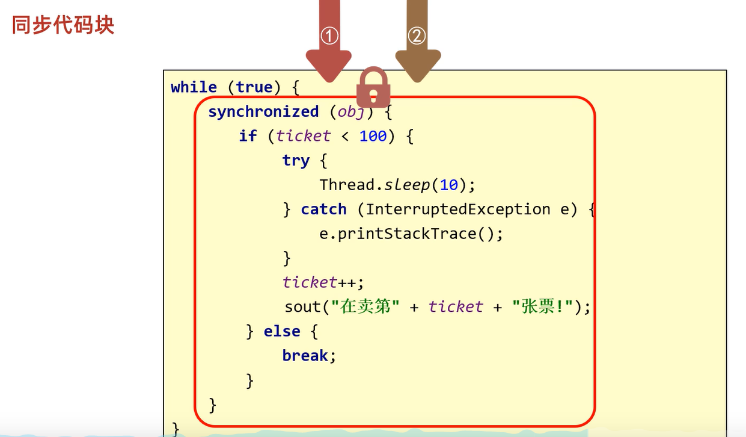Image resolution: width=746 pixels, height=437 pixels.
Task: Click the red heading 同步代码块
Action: (63, 25)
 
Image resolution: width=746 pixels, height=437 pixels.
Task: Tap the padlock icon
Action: (373, 88)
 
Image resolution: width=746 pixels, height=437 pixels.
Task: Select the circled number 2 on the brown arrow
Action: (417, 36)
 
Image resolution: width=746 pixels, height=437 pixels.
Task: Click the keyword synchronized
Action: (263, 112)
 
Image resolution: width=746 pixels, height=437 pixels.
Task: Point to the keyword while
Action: (194, 87)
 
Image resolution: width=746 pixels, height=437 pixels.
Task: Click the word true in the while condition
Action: (254, 87)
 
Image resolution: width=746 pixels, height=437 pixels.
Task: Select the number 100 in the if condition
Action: (373, 137)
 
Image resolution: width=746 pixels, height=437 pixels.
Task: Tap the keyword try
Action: (296, 161)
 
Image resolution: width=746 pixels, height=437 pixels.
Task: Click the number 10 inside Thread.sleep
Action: (448, 185)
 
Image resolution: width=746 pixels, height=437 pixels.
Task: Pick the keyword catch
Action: (323, 209)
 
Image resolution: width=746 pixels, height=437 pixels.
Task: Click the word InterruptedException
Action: (457, 209)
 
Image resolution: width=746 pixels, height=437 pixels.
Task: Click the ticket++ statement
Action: (323, 282)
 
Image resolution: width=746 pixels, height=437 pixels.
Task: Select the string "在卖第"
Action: (365, 307)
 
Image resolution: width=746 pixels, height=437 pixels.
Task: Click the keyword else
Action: (281, 332)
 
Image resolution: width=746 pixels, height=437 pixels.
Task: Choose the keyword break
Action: (305, 356)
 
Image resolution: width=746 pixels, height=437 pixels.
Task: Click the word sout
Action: (303, 307)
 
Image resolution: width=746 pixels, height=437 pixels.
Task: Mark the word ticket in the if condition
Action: (303, 137)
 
